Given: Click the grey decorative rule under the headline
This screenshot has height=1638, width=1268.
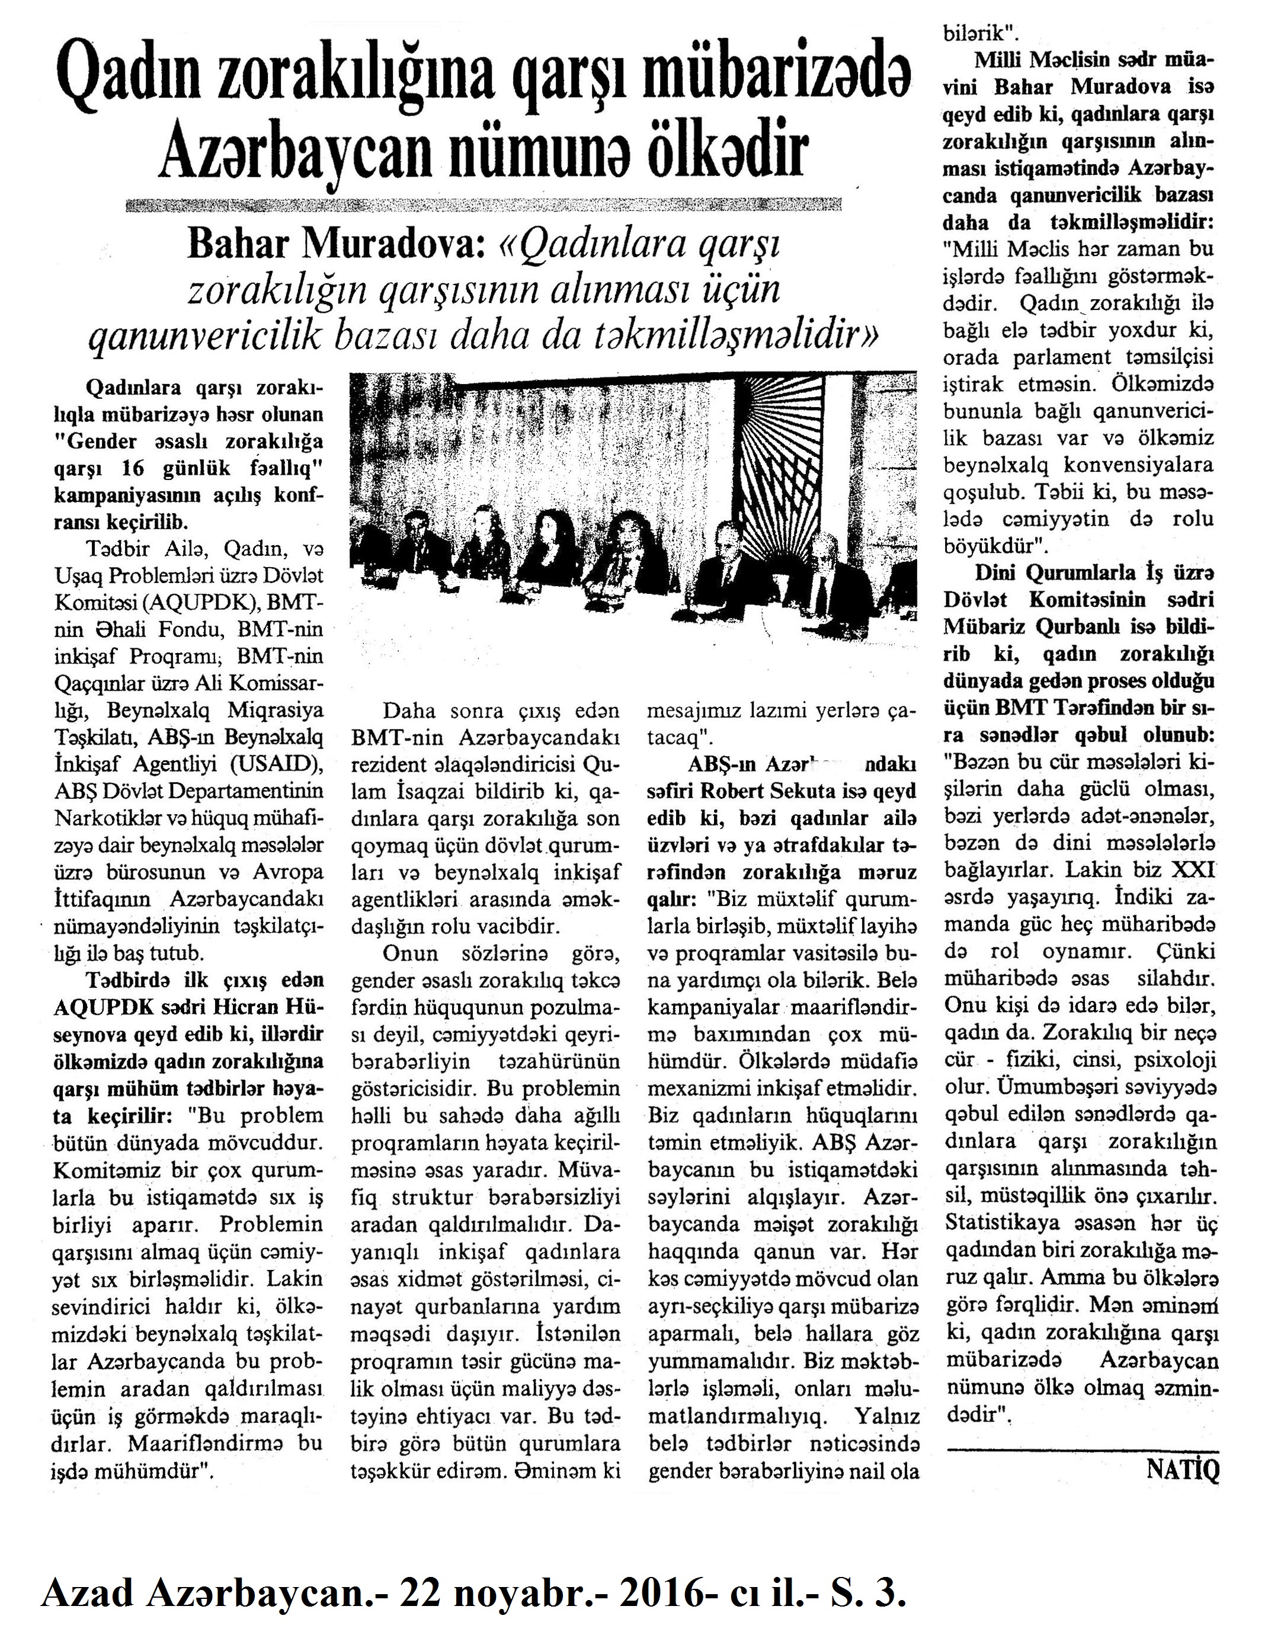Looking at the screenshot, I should pyautogui.click(x=483, y=206).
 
